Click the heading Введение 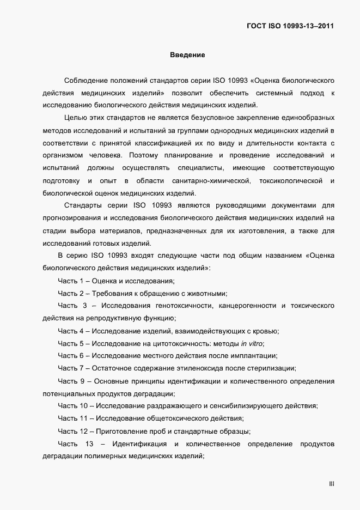coord(187,56)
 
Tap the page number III coord(331,484)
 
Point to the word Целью coord(75,118)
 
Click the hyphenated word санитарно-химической coord(210,180)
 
